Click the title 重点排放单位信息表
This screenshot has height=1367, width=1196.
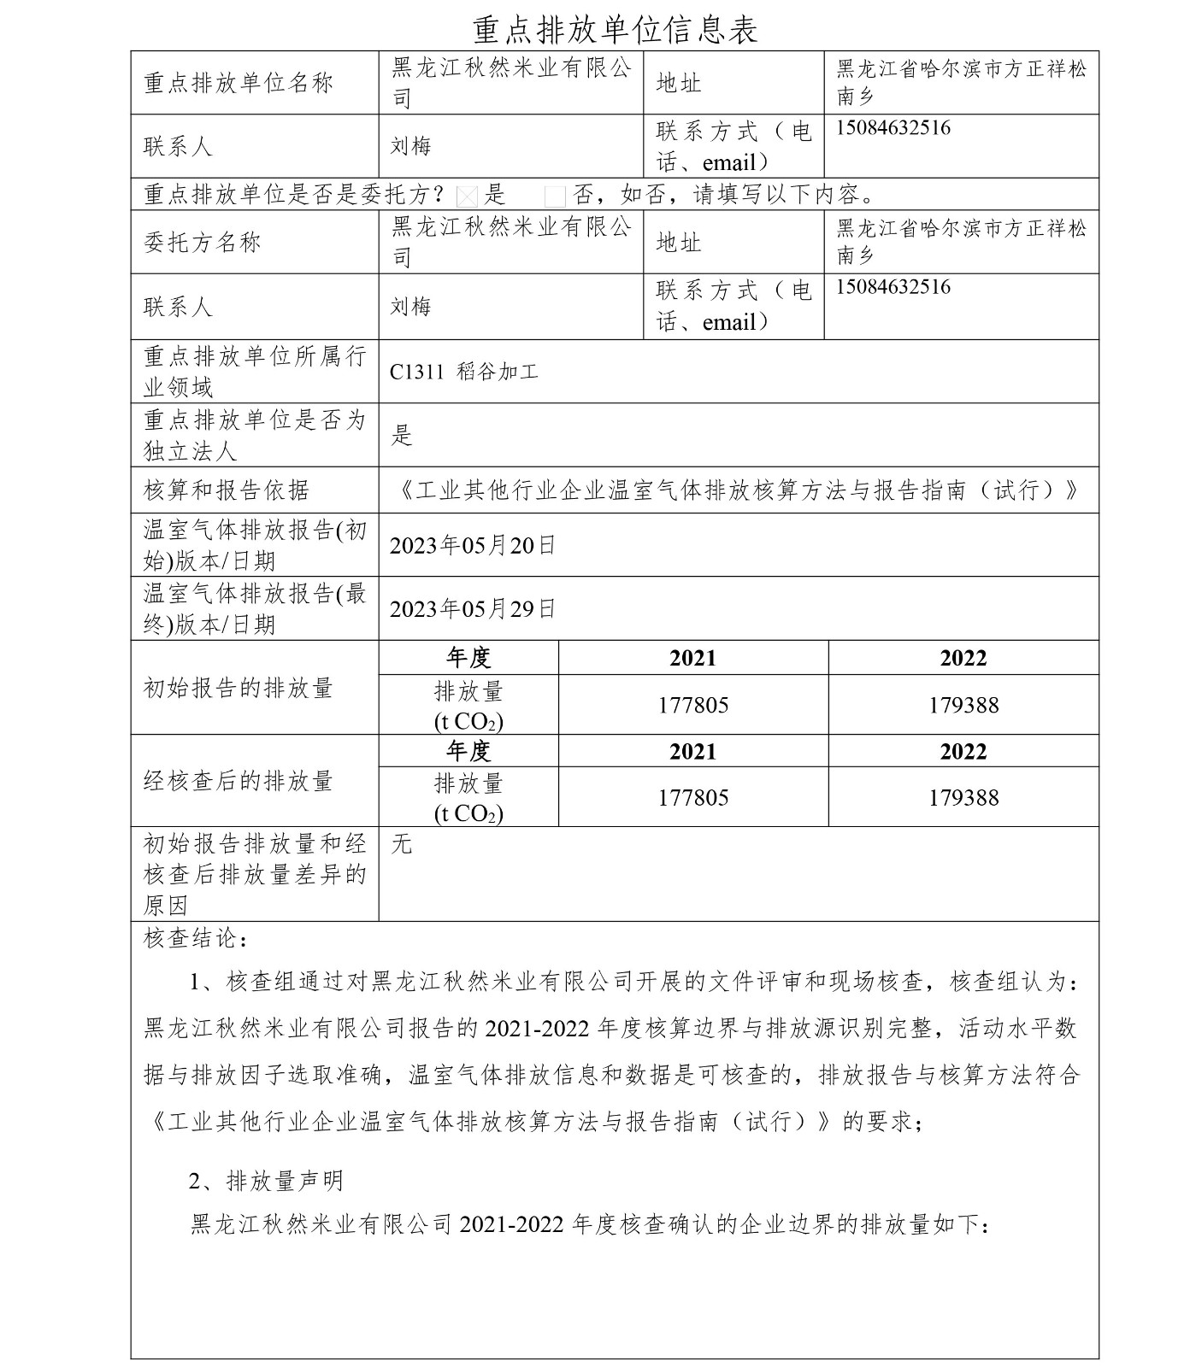[x=616, y=29]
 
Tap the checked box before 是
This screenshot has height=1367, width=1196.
[x=467, y=197]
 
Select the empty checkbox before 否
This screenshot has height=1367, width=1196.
[x=555, y=197]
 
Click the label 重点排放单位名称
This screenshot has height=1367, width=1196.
[x=239, y=83]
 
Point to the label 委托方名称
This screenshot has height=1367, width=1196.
[x=203, y=243]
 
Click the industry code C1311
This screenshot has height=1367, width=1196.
[x=417, y=372]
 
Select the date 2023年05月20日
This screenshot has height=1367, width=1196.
[x=473, y=545]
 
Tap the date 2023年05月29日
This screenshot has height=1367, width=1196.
[x=473, y=608]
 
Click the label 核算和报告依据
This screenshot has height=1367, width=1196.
[x=227, y=490]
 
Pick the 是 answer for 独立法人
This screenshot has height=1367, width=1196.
[x=402, y=435]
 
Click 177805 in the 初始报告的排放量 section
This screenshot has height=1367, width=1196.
[x=693, y=705]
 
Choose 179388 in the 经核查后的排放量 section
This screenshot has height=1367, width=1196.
[x=963, y=797]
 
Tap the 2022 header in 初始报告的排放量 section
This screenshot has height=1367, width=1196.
[x=963, y=658]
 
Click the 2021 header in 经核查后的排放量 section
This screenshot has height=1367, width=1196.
[x=693, y=752]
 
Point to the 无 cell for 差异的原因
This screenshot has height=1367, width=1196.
[x=402, y=844]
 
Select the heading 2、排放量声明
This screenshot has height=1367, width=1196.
[x=266, y=1181]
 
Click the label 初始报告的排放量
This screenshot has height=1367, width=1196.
[x=239, y=688]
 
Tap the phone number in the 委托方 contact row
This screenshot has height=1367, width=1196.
[x=893, y=287]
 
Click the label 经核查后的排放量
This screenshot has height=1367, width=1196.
[x=239, y=780]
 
